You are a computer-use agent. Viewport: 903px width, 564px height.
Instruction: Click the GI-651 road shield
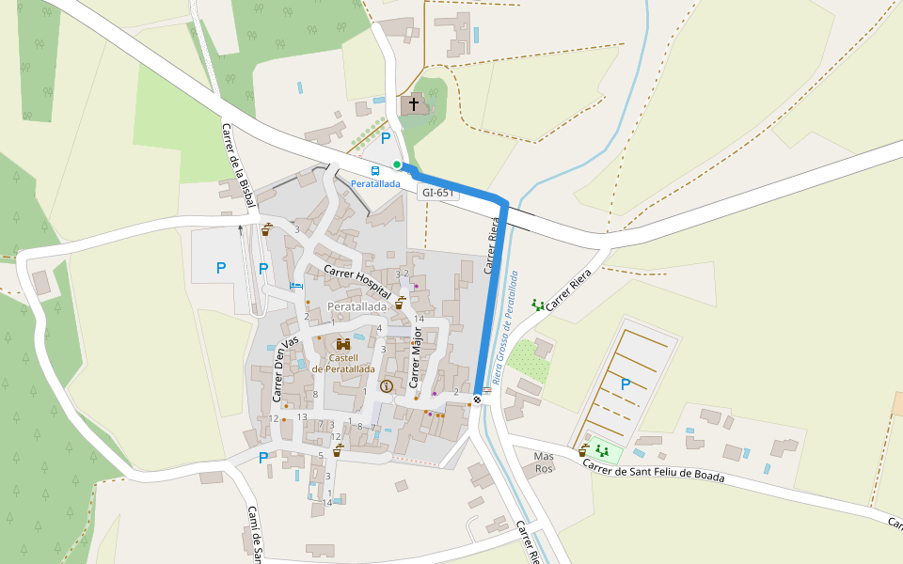pyautogui.click(x=438, y=193)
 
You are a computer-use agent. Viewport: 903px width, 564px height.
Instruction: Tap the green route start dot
pyautogui.click(x=397, y=164)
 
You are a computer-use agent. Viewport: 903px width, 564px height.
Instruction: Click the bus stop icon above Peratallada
pyautogui.click(x=375, y=171)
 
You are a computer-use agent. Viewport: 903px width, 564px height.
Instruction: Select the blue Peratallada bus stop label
pyautogui.click(x=376, y=183)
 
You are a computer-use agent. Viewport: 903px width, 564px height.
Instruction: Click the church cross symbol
pyautogui.click(x=414, y=102)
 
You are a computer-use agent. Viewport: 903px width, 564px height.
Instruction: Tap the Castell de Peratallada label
pyautogui.click(x=343, y=363)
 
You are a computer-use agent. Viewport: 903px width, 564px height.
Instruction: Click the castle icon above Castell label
pyautogui.click(x=343, y=344)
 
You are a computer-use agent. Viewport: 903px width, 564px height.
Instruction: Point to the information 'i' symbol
pyautogui.click(x=386, y=386)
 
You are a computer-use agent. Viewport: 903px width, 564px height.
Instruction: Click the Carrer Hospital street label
pyautogui.click(x=357, y=282)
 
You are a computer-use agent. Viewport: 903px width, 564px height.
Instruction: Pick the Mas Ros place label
pyautogui.click(x=545, y=462)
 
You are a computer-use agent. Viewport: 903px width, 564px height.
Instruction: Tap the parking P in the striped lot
pyautogui.click(x=626, y=384)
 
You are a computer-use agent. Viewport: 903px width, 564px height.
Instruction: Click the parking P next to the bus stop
pyautogui.click(x=386, y=138)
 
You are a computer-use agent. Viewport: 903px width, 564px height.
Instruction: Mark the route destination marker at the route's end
pyautogui.click(x=479, y=399)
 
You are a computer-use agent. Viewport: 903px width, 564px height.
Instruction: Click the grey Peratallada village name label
pyautogui.click(x=357, y=307)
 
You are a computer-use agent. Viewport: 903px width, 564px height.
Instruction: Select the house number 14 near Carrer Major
pyautogui.click(x=420, y=320)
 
